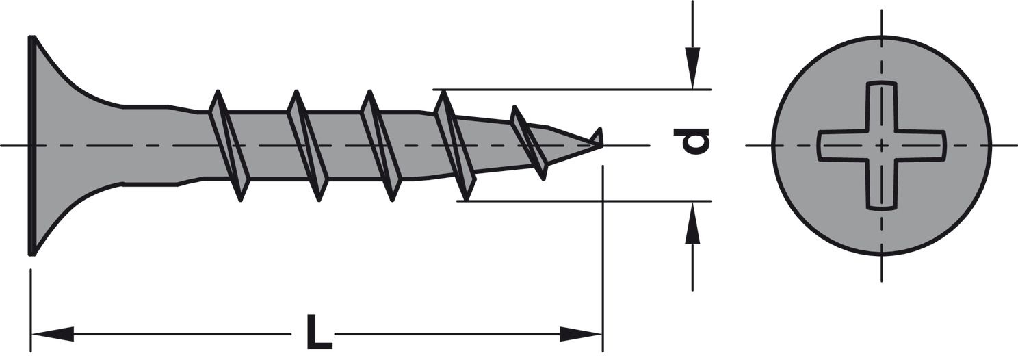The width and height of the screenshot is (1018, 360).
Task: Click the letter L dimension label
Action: [319, 331]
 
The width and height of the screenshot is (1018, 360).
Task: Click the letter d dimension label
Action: [691, 142]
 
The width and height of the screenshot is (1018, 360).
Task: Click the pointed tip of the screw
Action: [602, 145]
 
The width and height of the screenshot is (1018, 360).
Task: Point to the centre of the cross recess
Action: [882, 146]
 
